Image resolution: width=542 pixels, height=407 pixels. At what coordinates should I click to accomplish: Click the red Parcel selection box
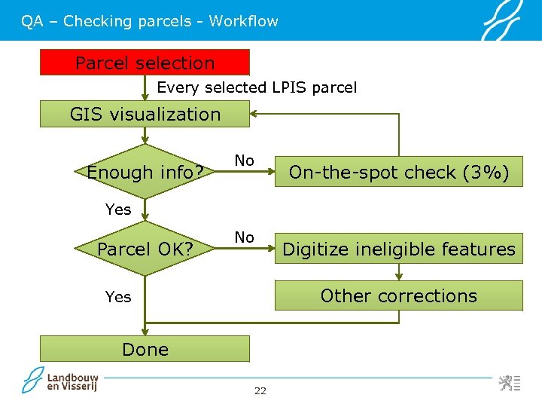[145, 63]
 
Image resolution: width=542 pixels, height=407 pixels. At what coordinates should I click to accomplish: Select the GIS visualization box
[145, 115]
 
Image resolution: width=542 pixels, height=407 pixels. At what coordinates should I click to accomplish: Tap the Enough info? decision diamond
[145, 173]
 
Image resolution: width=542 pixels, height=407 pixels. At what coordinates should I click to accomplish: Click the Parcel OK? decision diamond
[145, 249]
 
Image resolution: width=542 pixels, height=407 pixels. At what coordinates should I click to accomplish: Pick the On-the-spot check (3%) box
[399, 173]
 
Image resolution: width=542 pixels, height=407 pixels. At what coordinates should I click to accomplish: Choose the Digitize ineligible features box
[399, 249]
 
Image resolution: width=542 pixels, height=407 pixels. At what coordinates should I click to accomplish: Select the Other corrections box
[399, 295]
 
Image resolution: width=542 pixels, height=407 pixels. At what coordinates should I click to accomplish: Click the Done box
[145, 349]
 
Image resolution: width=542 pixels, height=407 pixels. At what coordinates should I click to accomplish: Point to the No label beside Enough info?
[244, 160]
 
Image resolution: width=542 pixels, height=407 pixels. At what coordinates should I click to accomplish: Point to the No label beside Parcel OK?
[244, 237]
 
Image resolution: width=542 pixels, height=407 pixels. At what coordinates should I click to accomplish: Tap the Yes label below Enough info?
[118, 210]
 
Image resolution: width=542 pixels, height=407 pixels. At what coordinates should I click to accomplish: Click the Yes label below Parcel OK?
[118, 297]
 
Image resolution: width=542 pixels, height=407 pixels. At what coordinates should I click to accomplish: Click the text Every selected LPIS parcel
[257, 87]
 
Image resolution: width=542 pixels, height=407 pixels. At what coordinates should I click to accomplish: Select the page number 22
[260, 390]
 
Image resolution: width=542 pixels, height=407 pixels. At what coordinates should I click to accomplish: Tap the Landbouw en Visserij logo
[60, 381]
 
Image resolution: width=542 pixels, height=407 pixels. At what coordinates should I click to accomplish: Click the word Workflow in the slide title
[243, 21]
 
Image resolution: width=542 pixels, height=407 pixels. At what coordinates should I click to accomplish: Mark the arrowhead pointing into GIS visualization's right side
[254, 115]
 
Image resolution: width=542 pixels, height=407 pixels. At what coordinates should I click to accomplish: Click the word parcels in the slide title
[164, 21]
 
